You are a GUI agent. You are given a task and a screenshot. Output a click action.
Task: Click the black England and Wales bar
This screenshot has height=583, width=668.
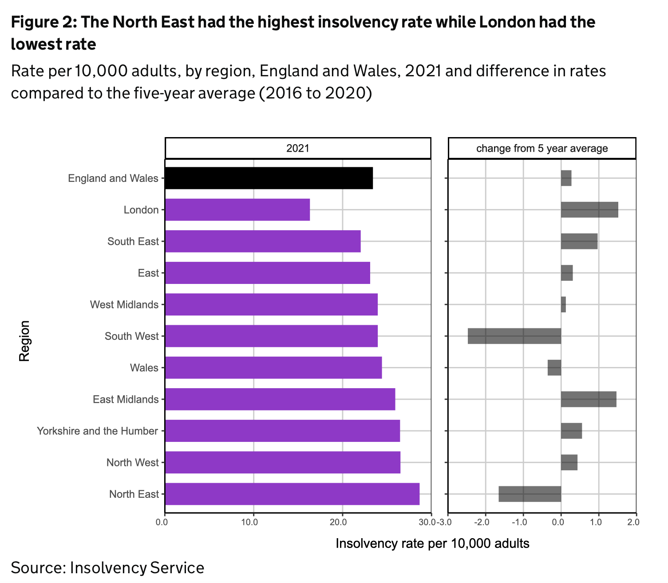pos(269,178)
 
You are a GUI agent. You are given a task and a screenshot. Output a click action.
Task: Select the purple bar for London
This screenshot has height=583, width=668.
pos(237,210)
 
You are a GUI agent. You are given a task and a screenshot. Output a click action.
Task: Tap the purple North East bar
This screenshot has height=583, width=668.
pos(292,494)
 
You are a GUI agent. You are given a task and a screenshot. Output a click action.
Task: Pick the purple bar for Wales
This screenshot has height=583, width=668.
pos(273,367)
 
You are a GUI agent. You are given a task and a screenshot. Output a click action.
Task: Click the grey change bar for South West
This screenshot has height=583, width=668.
pos(514,336)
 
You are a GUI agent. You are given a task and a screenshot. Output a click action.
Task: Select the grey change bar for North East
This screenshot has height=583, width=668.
pos(530,494)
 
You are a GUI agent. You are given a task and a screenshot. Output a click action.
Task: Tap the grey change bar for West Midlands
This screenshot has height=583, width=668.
pos(563,304)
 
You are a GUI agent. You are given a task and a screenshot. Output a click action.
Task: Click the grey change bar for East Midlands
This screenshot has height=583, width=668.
pos(589,399)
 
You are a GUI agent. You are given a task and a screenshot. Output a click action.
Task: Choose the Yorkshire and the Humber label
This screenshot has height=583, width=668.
pos(97,431)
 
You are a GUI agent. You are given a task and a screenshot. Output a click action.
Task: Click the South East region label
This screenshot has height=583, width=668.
pos(133,241)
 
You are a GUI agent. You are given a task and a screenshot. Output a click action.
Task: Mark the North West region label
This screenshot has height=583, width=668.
pos(132,462)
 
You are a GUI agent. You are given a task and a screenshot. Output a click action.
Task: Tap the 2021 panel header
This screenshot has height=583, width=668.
pos(297,148)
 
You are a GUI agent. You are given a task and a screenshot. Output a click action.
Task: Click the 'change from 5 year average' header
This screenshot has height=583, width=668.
pos(542,148)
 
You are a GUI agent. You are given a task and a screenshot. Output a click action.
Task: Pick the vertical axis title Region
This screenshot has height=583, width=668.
pos(25,341)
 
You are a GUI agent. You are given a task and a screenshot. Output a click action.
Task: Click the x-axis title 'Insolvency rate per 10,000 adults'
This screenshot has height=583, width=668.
pos(432,544)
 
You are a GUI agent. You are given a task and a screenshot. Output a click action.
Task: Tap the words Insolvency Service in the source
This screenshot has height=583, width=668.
pos(137,568)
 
